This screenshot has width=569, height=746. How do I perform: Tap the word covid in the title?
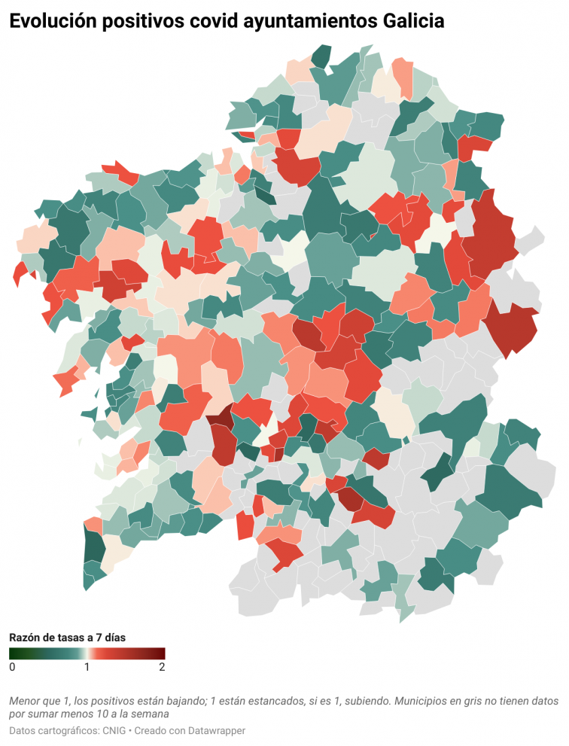coord(211,23)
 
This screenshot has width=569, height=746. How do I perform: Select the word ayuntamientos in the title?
coord(303,23)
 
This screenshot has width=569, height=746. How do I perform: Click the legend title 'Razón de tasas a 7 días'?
coord(67,637)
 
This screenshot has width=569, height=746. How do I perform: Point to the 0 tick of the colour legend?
coord(12,667)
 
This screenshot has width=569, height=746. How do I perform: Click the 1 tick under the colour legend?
coord(87,667)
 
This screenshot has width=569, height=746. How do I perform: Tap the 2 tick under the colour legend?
coord(162,667)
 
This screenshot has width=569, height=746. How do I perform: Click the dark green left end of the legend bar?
coord(13,653)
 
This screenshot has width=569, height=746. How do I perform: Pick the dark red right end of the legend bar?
coord(161,653)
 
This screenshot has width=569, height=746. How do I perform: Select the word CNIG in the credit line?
coord(117,731)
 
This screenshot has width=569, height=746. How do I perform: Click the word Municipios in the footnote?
coord(422,700)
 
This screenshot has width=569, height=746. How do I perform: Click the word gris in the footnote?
coord(475,700)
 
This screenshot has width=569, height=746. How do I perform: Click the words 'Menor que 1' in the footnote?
coord(38,700)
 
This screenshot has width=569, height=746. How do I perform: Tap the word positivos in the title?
coord(142,23)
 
